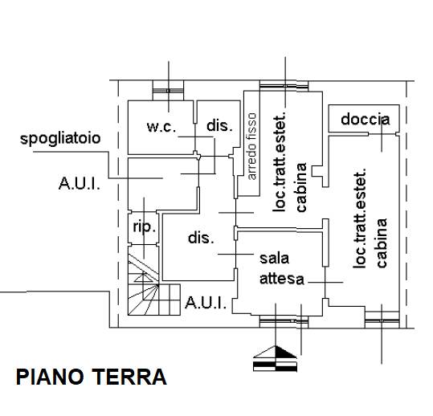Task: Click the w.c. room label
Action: [x=161, y=127]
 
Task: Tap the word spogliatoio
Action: [x=60, y=139]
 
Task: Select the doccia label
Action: [x=365, y=119]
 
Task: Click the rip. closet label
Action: [x=145, y=227]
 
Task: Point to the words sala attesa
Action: [x=282, y=268]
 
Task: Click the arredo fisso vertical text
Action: [x=252, y=146]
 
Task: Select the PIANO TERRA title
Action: [x=92, y=377]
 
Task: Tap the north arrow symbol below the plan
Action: [x=275, y=358]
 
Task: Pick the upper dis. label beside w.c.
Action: [x=219, y=125]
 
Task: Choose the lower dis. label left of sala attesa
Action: [x=201, y=238]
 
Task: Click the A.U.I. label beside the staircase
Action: [x=206, y=303]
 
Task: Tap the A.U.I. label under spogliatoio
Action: [x=80, y=183]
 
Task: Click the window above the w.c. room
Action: [x=168, y=91]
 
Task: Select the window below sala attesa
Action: [x=284, y=320]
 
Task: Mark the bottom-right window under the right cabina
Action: [x=382, y=320]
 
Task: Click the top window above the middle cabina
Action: [x=284, y=86]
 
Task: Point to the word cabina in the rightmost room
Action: [x=382, y=243]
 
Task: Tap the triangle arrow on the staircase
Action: [x=143, y=277]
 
